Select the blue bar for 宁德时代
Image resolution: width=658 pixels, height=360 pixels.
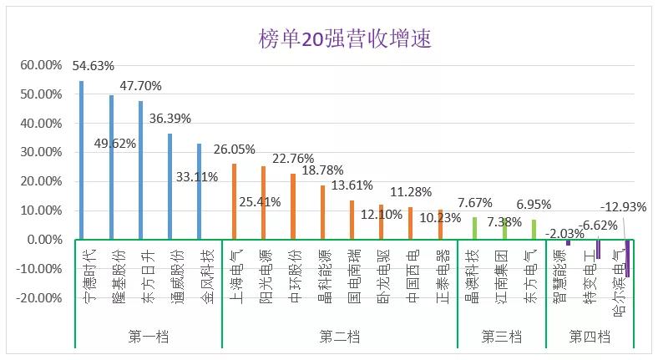click(81, 160)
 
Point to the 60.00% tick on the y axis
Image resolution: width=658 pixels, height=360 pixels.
click(41, 65)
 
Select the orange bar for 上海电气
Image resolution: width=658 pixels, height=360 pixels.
click(234, 201)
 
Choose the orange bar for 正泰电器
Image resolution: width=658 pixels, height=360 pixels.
click(440, 225)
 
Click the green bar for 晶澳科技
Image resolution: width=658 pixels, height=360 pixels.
click(475, 228)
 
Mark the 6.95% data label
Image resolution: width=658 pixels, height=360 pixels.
click(533, 204)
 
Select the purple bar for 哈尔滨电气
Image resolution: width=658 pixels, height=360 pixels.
click(627, 258)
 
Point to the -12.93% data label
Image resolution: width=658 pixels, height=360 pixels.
click(627, 206)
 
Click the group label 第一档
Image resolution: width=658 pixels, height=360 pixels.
click(148, 337)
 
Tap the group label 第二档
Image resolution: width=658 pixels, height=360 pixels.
click(340, 337)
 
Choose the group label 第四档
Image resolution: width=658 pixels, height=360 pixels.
click(590, 337)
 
